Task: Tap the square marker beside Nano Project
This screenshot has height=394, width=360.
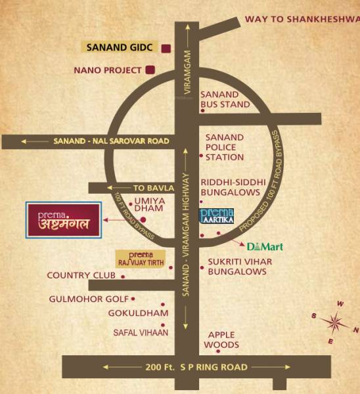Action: (150, 70)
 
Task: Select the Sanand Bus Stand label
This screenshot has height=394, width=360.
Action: (225, 99)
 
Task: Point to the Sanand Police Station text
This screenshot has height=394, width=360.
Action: (225, 147)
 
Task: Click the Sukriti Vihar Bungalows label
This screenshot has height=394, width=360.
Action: (240, 266)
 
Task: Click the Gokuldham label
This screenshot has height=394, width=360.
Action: (139, 313)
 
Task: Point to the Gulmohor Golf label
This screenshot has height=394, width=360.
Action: (89, 299)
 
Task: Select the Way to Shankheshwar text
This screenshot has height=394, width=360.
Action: (302, 19)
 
